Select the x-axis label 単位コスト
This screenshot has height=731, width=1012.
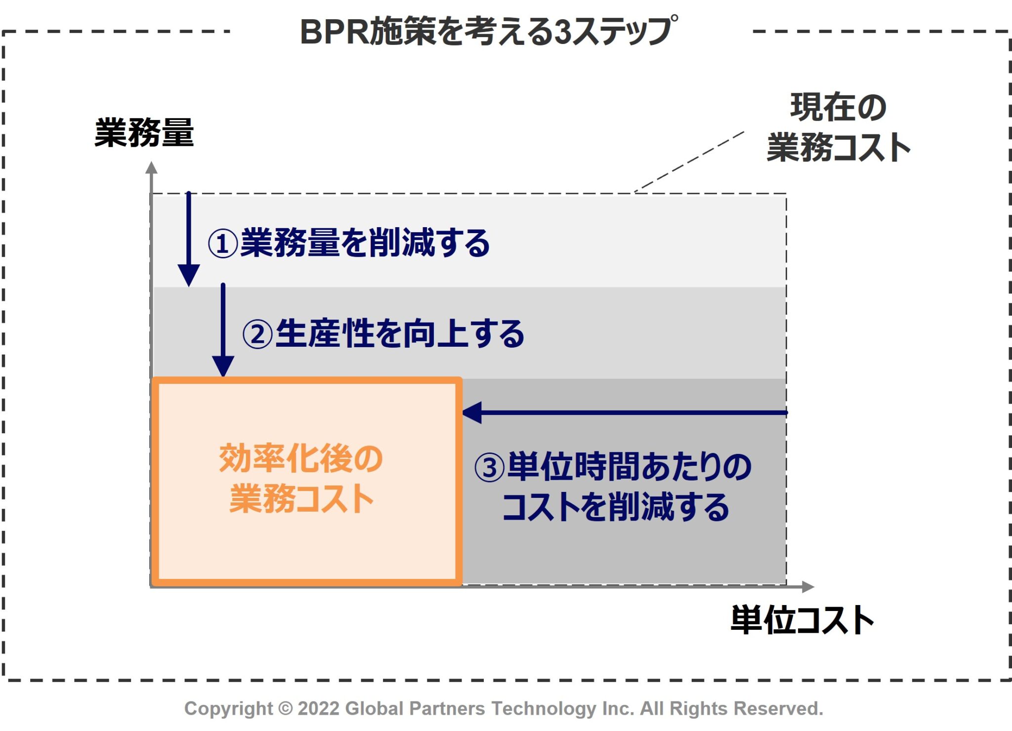click(802, 620)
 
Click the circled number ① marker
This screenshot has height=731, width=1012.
click(222, 244)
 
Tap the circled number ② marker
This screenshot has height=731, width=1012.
click(257, 334)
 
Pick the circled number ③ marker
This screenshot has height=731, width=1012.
click(489, 468)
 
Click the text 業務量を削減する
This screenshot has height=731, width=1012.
click(365, 243)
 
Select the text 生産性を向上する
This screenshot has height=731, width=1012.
click(399, 333)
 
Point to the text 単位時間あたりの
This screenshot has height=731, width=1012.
click(629, 467)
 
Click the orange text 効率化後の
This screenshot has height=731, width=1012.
click(301, 458)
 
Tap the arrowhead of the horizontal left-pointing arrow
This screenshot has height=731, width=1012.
click(472, 412)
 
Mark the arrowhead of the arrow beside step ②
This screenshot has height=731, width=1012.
click(223, 366)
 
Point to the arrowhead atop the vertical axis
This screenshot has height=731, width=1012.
click(151, 168)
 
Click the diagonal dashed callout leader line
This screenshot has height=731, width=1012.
click(689, 162)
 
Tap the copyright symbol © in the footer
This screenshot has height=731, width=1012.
click(285, 708)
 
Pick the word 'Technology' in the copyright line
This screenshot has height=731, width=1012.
click(544, 708)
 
